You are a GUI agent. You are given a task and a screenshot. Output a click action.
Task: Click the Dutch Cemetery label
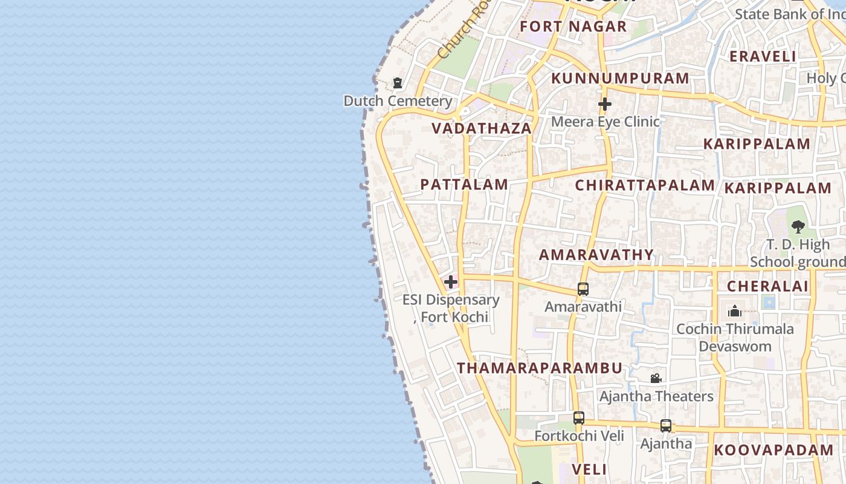(x=398, y=101)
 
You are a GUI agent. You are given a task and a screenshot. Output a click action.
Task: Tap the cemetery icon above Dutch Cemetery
(x=398, y=83)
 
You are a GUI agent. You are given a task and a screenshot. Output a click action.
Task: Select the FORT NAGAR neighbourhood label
(x=573, y=27)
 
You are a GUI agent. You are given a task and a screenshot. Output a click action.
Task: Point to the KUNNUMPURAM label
(x=620, y=79)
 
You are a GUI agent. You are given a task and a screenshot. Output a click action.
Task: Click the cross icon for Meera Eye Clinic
(x=605, y=104)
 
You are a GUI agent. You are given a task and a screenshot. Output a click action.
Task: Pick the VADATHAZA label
(x=482, y=128)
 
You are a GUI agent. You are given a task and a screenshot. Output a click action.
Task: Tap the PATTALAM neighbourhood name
(x=464, y=185)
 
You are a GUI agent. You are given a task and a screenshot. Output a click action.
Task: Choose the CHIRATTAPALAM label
(x=645, y=185)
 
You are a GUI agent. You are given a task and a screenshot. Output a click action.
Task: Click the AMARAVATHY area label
(x=596, y=255)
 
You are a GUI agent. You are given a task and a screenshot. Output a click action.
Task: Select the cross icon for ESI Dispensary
(x=451, y=282)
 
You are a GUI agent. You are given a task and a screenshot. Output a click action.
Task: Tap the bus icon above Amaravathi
(x=583, y=289)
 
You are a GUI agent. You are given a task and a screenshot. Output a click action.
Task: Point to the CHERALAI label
(x=767, y=286)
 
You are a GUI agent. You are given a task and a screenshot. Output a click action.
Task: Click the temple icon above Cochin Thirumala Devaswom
(x=735, y=312)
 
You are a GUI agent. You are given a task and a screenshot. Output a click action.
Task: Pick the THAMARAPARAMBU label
(x=540, y=368)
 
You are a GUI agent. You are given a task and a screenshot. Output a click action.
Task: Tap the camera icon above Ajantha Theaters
(x=656, y=379)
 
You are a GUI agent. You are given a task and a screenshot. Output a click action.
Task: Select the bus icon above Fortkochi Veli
(x=578, y=418)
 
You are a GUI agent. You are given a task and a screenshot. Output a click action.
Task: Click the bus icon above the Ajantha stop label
(x=666, y=426)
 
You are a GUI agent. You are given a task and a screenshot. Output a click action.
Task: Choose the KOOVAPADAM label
(x=773, y=450)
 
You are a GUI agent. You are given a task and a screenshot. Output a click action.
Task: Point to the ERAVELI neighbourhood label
(x=763, y=56)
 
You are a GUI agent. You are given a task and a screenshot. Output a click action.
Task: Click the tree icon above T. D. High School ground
(x=798, y=227)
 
